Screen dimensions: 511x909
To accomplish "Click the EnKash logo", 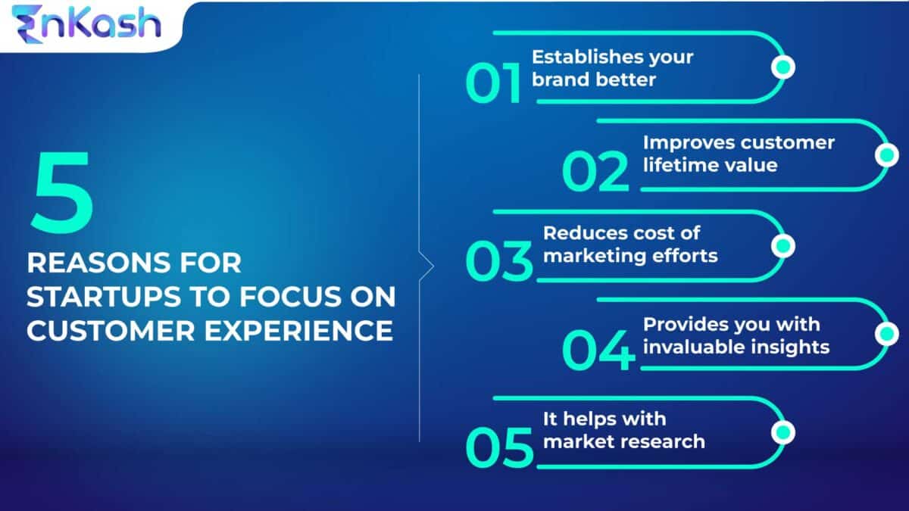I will (x=86, y=23).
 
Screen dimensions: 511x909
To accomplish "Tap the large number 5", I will (x=62, y=193).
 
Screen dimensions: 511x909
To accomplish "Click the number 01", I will (x=494, y=83).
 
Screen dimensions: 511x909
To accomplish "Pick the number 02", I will (x=595, y=171).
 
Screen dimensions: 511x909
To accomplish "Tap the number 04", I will (x=598, y=351).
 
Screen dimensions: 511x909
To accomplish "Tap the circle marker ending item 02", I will (x=886, y=155).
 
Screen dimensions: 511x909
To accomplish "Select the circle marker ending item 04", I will (x=886, y=334).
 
